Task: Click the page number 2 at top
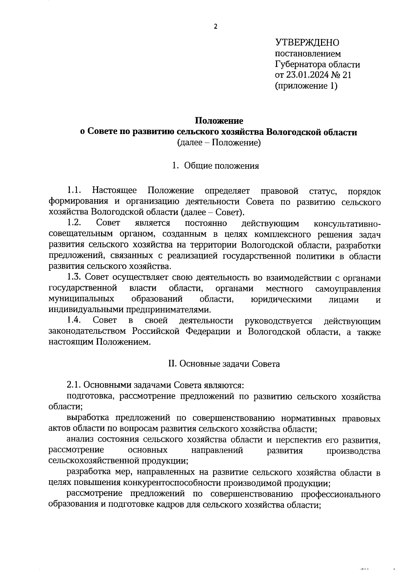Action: coord(216,27)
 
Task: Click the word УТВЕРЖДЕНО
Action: coord(307,43)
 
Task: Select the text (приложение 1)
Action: coord(306,86)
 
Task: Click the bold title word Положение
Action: coord(219,121)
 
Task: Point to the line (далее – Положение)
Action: coord(219,143)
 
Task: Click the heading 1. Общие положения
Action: coord(215,166)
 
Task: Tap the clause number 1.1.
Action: coord(74,191)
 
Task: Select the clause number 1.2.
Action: coord(74,223)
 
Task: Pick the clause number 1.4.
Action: coord(74,321)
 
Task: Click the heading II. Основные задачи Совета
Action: coord(224,364)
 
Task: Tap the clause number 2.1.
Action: coord(74,385)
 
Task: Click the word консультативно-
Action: coord(347,224)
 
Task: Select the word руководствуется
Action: coord(278,321)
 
